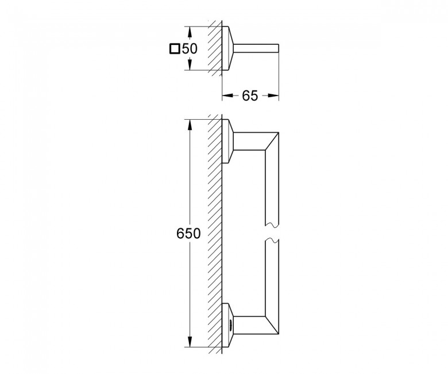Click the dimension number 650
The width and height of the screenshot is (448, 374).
188,234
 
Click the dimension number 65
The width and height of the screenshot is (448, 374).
250,96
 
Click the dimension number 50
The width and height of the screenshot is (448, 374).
190,49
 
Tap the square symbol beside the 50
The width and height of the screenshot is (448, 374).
175,49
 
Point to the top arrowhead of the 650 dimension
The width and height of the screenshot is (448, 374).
189,124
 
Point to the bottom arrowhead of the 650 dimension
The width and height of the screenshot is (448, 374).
189,342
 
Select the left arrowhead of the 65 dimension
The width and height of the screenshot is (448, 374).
227,96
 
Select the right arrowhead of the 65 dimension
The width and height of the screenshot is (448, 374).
273,96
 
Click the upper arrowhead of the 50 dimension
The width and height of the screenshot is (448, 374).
189,32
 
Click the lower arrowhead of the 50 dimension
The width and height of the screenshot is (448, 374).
189,64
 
